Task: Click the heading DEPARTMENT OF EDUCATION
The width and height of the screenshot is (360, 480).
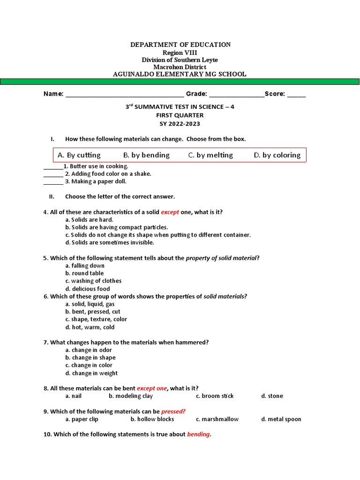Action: tap(180, 45)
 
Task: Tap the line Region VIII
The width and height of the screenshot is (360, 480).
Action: tap(180, 52)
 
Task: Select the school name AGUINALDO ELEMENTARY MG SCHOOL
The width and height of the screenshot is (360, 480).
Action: tap(180, 74)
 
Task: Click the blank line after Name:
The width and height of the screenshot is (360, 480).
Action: tap(125, 95)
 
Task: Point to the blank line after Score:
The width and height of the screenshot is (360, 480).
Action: tap(296, 95)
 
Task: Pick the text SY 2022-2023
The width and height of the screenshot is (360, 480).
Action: tap(180, 124)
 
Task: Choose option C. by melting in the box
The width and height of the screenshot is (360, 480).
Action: tap(210, 155)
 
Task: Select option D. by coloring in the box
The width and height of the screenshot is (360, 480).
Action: tap(277, 155)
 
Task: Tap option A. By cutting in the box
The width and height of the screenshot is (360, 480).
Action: tap(79, 155)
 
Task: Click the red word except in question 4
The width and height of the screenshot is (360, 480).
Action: tap(170, 212)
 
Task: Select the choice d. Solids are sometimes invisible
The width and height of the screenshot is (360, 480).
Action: tap(110, 242)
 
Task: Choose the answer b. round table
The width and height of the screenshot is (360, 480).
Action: tap(84, 273)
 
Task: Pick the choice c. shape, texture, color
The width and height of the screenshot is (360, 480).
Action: tap(96, 319)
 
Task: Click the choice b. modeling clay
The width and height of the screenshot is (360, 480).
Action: tap(131, 396)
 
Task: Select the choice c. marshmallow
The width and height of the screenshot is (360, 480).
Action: tap(217, 419)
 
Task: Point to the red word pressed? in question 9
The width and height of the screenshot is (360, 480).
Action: tap(173, 412)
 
